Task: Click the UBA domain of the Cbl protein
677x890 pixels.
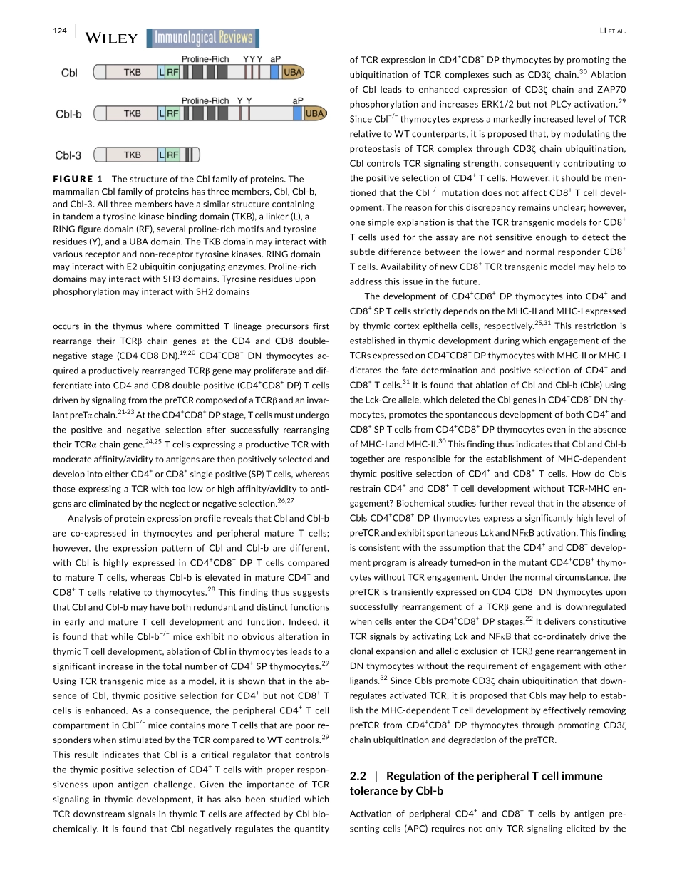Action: pyautogui.click(x=293, y=72)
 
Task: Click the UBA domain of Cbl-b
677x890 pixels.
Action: pyautogui.click(x=314, y=113)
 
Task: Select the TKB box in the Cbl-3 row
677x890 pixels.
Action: pyautogui.click(x=133, y=155)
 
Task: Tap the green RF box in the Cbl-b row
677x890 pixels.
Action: pyautogui.click(x=172, y=113)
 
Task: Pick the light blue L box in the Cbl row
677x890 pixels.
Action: pyautogui.click(x=162, y=72)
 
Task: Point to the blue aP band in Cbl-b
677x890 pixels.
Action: pyautogui.click(x=297, y=113)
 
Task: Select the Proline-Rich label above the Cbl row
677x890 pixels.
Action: pyautogui.click(x=205, y=59)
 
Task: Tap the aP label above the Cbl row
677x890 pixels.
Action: pyautogui.click(x=276, y=59)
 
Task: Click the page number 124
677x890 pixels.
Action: pyautogui.click(x=60, y=31)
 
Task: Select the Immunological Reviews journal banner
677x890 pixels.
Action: pyautogui.click(x=203, y=38)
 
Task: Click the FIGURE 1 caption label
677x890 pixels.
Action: pyautogui.click(x=78, y=180)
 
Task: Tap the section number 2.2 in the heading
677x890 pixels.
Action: pyautogui.click(x=360, y=776)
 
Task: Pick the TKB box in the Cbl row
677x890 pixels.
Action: pyautogui.click(x=133, y=72)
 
